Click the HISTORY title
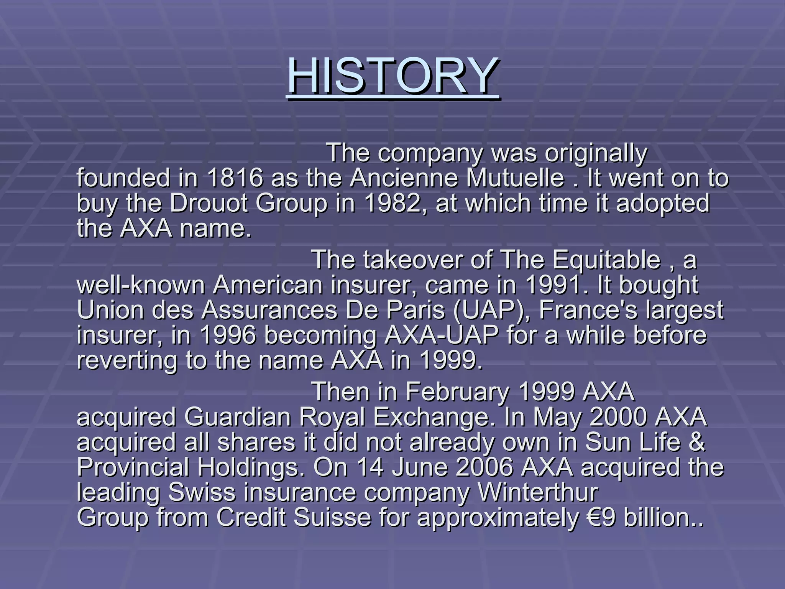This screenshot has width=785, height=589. click(393, 76)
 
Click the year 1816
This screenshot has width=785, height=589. click(235, 178)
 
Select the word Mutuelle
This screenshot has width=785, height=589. click(515, 178)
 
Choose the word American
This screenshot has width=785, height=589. click(268, 285)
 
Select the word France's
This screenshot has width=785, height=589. click(588, 310)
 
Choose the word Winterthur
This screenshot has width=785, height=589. click(538, 492)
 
